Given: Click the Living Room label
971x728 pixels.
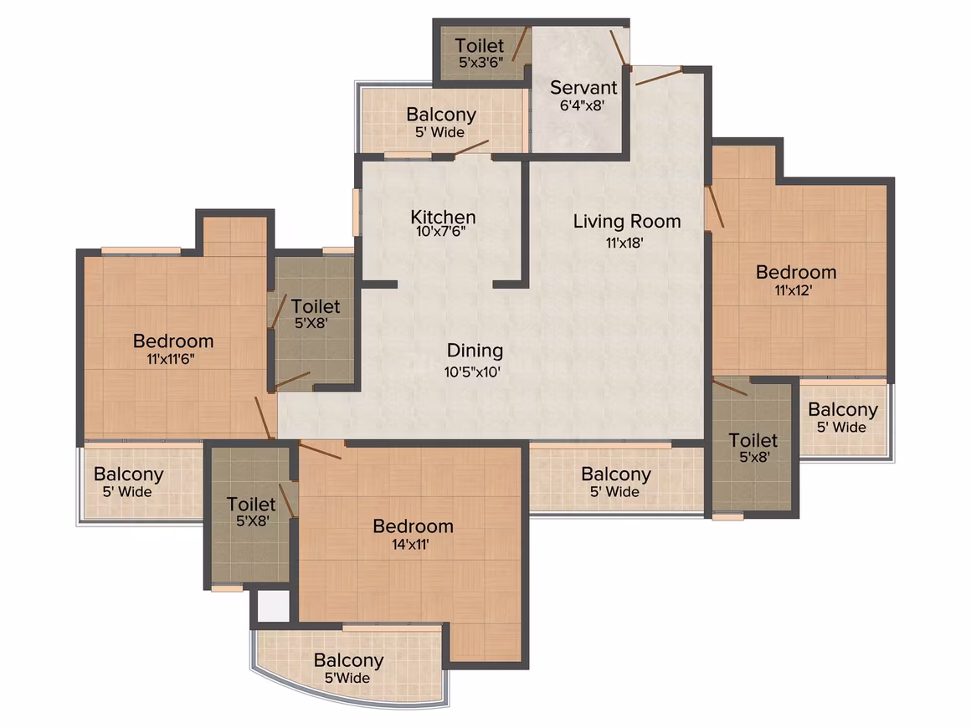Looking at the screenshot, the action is point(627,221).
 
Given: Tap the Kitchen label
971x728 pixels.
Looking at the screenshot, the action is point(443,217).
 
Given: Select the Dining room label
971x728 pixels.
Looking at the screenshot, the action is point(475,351).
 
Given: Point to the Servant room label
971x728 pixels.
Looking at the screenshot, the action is point(583,87).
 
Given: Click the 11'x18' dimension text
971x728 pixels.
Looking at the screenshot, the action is point(624,243).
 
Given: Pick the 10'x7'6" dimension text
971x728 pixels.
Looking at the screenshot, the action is point(441,232).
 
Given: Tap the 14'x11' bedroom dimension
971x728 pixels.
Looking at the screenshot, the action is point(410,544).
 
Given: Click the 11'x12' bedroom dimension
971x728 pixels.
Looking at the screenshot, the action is point(794,290).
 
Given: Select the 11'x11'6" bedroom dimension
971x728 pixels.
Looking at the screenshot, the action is point(170,358).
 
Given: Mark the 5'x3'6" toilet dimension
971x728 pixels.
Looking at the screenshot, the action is point(480,62).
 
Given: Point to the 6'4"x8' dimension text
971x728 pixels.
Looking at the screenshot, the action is point(582,105).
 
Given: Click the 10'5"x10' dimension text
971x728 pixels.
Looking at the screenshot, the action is point(472,372).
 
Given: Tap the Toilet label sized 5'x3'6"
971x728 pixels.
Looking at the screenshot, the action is point(480,45).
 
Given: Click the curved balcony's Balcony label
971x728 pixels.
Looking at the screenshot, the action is point(349,660).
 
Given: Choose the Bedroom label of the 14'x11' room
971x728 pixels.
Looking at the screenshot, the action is point(413,526).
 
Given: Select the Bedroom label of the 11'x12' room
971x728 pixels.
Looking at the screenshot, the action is point(796,272).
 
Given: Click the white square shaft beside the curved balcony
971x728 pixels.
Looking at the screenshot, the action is point(273,606).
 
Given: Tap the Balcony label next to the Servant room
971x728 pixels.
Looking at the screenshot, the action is point(441,115).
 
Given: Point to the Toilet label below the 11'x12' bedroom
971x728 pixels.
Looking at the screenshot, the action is point(753,440).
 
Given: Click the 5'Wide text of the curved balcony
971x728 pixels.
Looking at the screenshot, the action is point(347,678).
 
